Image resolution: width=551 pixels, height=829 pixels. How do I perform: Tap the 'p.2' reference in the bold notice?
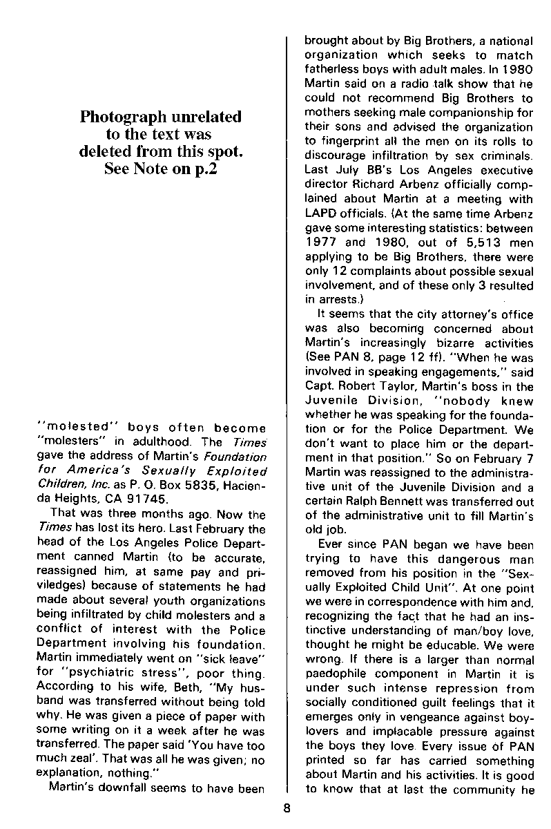click(x=203, y=170)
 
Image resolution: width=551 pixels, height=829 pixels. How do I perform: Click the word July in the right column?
click(x=343, y=170)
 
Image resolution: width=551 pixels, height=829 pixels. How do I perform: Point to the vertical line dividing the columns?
click(x=286, y=414)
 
